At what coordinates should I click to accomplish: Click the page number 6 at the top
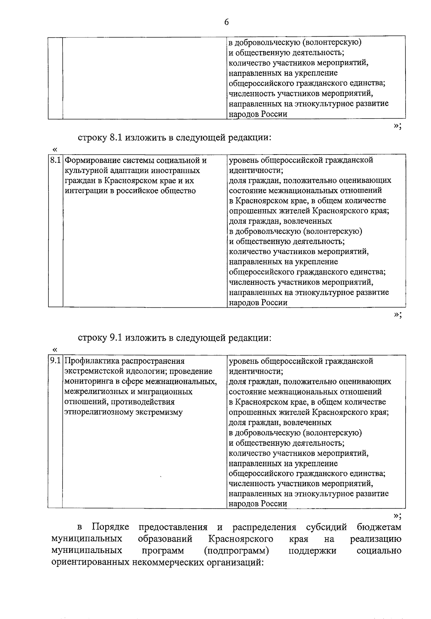click(226, 22)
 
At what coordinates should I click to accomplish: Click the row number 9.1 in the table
click(55, 361)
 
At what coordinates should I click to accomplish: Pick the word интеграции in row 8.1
click(85, 191)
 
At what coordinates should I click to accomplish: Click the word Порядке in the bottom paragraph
click(110, 527)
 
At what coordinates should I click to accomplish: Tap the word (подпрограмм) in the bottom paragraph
click(236, 551)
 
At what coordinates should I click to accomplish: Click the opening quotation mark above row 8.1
click(55, 149)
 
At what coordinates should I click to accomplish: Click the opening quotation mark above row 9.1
click(55, 350)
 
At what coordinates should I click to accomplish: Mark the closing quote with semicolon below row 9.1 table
click(397, 516)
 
